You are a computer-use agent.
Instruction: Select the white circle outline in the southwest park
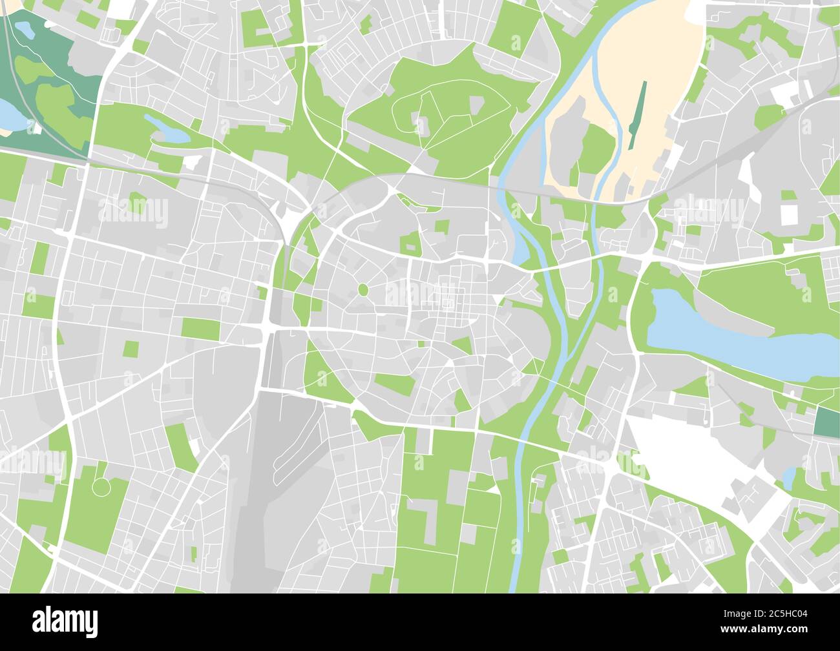click(101, 486)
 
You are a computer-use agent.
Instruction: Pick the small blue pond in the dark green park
click(23, 29)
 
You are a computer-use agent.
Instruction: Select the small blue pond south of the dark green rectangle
click(789, 479)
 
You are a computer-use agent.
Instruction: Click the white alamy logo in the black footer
click(65, 621)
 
